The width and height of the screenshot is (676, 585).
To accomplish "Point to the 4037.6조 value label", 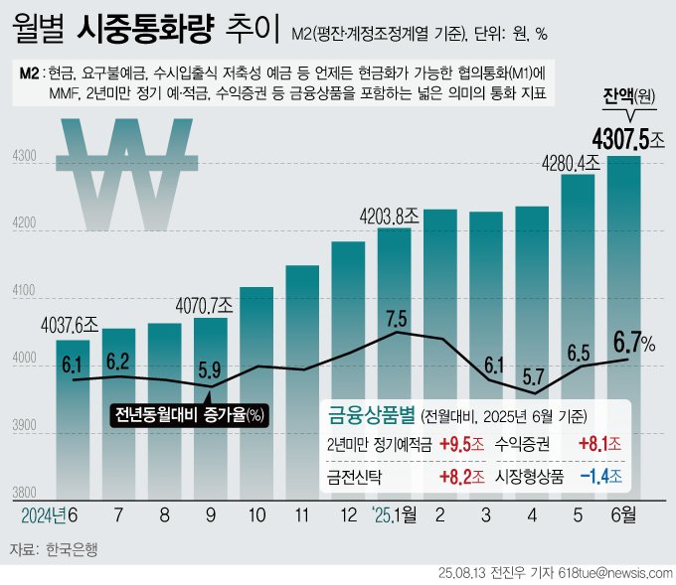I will [70, 325].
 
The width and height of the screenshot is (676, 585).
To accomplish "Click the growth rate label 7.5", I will [396, 319].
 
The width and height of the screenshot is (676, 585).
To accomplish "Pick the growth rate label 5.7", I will [534, 376].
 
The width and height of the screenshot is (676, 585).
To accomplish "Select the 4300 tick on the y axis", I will [24, 157].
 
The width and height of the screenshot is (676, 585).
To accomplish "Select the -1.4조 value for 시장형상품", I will [602, 476].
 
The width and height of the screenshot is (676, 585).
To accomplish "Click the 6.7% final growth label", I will [634, 344].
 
